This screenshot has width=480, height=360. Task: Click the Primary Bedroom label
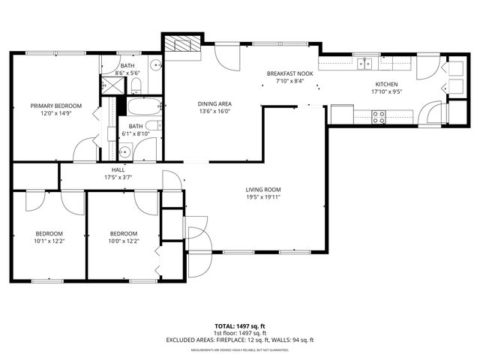click(55, 106)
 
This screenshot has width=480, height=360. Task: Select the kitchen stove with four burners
click(379, 116)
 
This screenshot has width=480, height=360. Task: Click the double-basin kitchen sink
click(365, 62)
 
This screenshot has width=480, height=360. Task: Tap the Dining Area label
click(214, 103)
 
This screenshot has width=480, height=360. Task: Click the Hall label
click(118, 170)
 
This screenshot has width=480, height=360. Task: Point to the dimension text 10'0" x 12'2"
click(124, 241)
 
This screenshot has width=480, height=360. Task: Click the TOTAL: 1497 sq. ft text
click(240, 326)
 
